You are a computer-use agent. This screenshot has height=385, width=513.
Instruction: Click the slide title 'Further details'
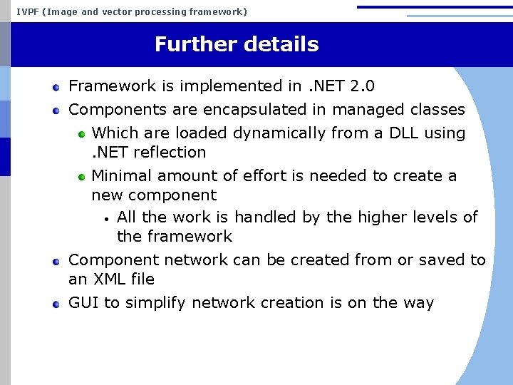(x=237, y=44)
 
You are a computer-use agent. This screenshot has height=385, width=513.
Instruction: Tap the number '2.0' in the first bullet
(x=363, y=86)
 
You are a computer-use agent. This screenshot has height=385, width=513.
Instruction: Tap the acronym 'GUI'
(x=83, y=303)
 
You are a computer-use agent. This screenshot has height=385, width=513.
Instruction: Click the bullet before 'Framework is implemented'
(x=56, y=87)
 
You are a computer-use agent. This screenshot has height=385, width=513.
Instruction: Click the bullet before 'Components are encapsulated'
(x=56, y=111)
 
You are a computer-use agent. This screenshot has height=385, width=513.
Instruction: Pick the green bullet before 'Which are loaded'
(x=82, y=134)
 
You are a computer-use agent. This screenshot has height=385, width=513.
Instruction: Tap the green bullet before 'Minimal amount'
(x=82, y=176)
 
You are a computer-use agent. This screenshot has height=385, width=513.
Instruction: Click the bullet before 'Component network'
(x=56, y=261)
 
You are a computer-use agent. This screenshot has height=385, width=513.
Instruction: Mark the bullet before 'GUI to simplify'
(x=56, y=304)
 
